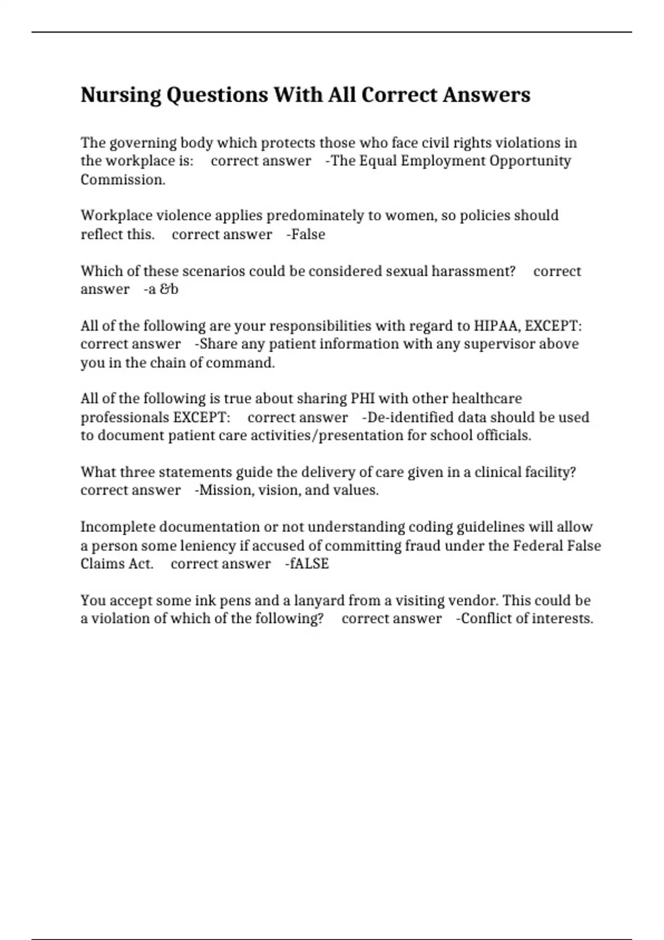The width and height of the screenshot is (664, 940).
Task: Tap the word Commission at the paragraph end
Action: click(x=122, y=180)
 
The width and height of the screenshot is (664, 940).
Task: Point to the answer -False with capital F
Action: click(x=306, y=234)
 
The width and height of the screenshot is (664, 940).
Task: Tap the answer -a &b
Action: click(x=161, y=289)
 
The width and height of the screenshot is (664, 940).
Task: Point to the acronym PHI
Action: click(x=362, y=399)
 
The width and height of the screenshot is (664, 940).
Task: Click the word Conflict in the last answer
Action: click(x=485, y=619)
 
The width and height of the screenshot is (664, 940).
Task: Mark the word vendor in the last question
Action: click(x=473, y=600)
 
